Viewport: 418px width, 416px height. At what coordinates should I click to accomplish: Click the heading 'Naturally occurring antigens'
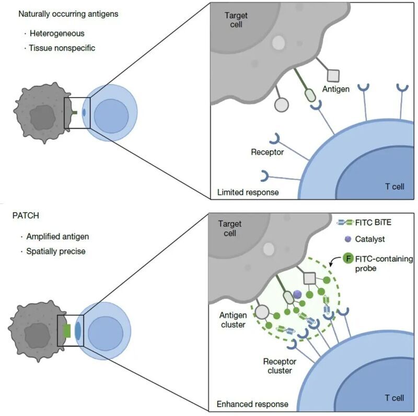(x=68, y=14)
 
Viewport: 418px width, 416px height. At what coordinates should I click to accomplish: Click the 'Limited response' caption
(x=248, y=192)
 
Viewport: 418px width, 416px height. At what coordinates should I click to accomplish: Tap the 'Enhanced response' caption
(x=253, y=404)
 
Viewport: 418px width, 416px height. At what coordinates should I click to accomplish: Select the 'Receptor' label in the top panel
(x=266, y=152)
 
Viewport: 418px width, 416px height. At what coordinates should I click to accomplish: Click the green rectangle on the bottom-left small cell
(x=66, y=330)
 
